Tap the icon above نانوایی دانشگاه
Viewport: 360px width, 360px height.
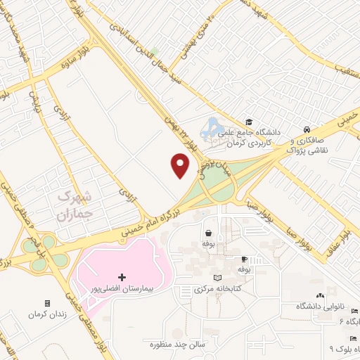click(x=321, y=296)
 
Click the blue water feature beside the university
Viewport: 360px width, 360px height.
click(x=211, y=129)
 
